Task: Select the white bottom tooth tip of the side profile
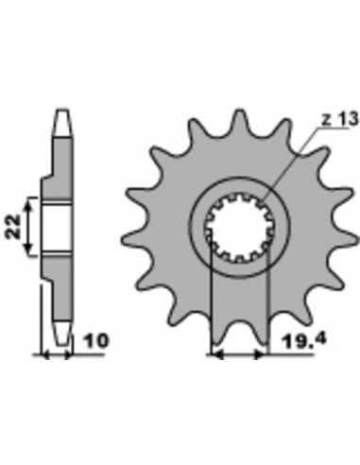60,334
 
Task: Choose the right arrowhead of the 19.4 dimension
266,355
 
